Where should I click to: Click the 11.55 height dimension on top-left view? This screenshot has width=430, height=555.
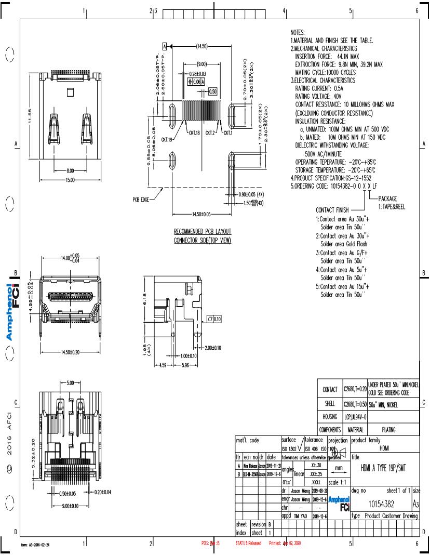tap(30, 113)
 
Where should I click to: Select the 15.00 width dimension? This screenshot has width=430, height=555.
tap(70, 180)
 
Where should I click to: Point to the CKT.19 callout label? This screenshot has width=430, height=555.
tap(167, 139)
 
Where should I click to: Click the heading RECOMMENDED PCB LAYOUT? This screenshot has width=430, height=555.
tap(202, 231)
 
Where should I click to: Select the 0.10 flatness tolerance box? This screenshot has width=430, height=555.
tap(214, 319)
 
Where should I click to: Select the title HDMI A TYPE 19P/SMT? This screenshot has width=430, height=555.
tap(382, 468)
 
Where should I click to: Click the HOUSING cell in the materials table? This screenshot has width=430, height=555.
tap(330, 416)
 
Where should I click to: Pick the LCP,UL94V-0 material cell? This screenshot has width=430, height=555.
tap(355, 416)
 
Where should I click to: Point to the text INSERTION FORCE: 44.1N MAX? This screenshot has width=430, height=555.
tap(327, 56)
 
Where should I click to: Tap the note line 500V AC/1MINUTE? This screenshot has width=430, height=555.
tap(323, 154)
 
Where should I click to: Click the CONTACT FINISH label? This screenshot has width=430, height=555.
tap(332, 210)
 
